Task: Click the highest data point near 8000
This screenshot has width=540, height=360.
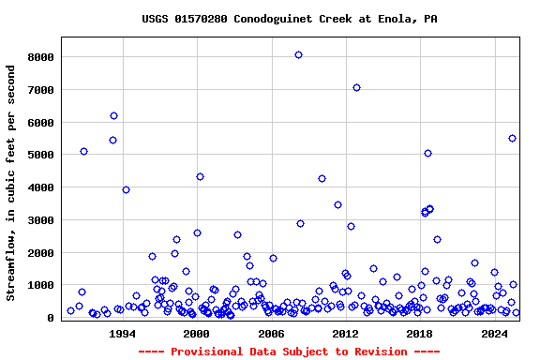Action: [x=298, y=54]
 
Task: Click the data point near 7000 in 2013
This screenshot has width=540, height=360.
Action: [x=356, y=87]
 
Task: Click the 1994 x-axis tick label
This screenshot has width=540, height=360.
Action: [x=122, y=333]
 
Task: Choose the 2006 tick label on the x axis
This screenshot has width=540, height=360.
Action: [x=271, y=333]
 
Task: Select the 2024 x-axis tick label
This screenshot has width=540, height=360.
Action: [x=494, y=333]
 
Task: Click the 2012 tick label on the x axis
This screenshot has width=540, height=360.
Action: [x=345, y=333]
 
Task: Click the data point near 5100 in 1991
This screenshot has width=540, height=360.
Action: [x=83, y=151]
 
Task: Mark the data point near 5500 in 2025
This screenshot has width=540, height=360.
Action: [x=512, y=138]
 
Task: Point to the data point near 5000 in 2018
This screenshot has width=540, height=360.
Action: [x=427, y=153]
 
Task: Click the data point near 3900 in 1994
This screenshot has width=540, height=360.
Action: [x=126, y=189]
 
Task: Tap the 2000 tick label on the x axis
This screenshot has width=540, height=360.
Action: [x=196, y=333]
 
